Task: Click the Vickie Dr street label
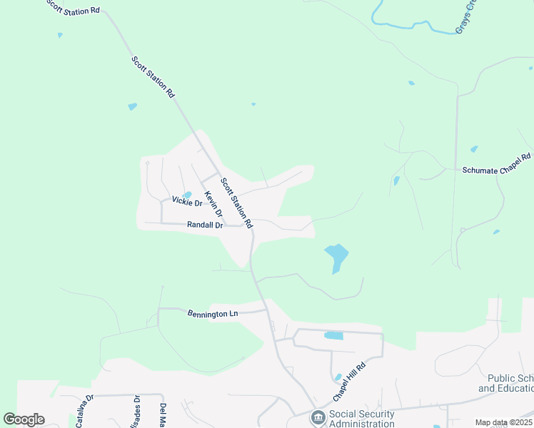pos(188,203)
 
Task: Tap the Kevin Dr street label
pos(213,204)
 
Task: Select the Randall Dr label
pos(205,225)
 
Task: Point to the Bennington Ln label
pos(212,313)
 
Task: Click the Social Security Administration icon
pos(318,417)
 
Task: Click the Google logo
pos(24,419)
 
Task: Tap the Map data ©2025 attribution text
pos(503,422)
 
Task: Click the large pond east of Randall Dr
pos(336,255)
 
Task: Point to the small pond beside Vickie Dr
pos(187,194)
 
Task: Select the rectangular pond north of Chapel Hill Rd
pos(333,335)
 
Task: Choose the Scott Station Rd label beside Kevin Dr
pos(236,203)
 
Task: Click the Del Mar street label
pos(163,416)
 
